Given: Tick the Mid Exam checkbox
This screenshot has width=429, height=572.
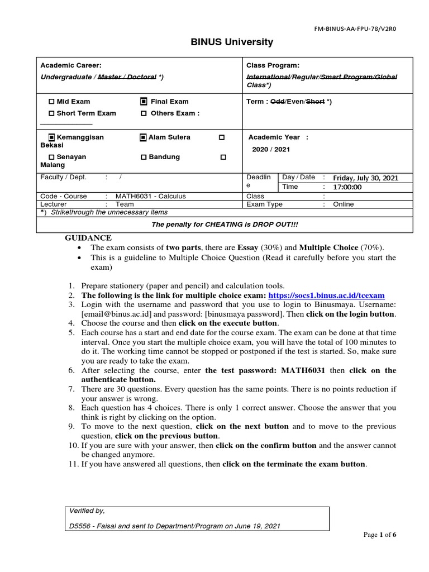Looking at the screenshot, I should click(x=52, y=102).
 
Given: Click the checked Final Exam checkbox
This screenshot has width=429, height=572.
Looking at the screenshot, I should click(x=144, y=102).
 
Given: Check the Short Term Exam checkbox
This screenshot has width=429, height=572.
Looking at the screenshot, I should click(x=52, y=113).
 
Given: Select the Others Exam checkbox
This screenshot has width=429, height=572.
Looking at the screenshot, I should click(x=144, y=113).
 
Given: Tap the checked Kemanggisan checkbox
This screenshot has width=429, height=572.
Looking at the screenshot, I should click(x=52, y=137).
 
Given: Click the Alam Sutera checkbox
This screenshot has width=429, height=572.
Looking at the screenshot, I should click(x=144, y=137).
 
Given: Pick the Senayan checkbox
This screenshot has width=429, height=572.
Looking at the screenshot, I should click(x=52, y=158).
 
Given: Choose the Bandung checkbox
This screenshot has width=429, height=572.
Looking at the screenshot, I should click(x=144, y=158).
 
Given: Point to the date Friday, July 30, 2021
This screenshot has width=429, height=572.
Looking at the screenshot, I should click(x=365, y=178).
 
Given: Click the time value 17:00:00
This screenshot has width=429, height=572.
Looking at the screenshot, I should click(x=347, y=187).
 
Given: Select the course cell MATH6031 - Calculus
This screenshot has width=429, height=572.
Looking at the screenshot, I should click(x=150, y=197).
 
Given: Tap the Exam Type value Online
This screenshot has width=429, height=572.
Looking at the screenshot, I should click(x=344, y=204).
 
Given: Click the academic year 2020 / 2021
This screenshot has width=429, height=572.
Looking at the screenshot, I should click(x=271, y=150).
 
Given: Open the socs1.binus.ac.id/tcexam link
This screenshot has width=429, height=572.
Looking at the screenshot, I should click(x=326, y=295).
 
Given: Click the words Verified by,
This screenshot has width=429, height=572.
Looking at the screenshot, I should click(x=87, y=511).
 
